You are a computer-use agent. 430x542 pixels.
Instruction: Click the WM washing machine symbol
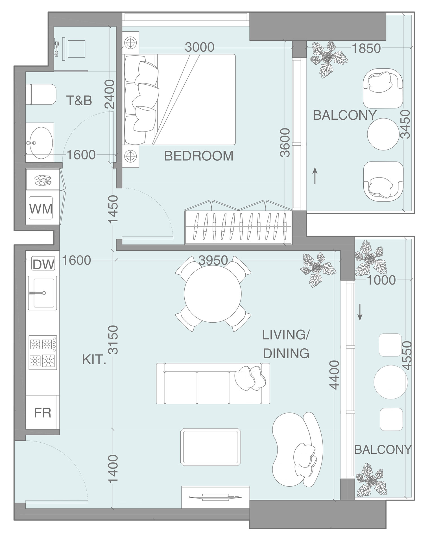tap(41, 209)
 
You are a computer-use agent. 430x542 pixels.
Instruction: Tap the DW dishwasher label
tap(43, 265)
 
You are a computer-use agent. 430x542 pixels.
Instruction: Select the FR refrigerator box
tap(42, 413)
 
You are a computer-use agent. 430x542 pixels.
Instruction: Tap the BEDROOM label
tap(199, 156)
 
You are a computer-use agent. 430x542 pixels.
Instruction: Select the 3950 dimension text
tap(213, 260)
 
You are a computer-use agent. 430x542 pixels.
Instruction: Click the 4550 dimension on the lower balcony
tap(407, 356)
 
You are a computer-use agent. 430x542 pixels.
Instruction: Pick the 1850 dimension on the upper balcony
tap(366, 49)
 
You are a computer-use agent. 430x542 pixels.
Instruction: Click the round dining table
tap(213, 294)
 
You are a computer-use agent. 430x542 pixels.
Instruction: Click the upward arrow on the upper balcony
tap(315, 175)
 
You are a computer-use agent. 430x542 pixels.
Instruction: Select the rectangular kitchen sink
tap(43, 293)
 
